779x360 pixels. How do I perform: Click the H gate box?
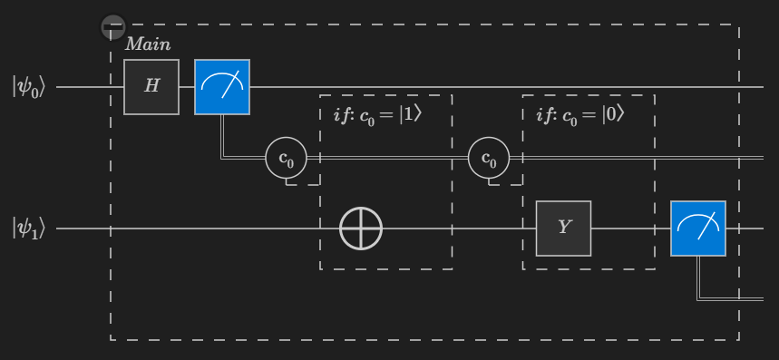click(151, 87)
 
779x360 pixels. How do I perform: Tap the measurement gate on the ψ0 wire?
click(222, 87)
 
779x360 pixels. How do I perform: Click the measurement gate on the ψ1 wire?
click(697, 229)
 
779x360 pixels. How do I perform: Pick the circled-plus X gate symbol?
click(361, 229)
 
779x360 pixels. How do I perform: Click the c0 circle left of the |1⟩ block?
click(287, 160)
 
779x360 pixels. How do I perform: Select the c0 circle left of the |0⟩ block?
click(489, 160)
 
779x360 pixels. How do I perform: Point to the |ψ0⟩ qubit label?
click(28, 87)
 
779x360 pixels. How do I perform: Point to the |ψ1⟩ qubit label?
click(28, 228)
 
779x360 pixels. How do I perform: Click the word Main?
click(148, 44)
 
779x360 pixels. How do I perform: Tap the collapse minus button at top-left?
click(112, 26)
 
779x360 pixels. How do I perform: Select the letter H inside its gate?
click(151, 87)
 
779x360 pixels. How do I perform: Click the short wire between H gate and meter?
click(187, 87)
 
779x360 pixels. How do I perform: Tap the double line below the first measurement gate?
click(223, 136)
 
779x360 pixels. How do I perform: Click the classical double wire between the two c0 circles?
click(390, 159)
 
